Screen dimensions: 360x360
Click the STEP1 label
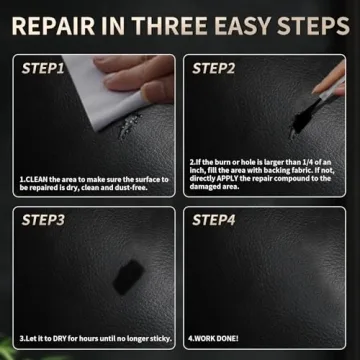pyautogui.click(x=43, y=69)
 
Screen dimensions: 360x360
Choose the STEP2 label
pyautogui.click(x=213, y=69)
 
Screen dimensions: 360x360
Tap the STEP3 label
pyautogui.click(x=43, y=219)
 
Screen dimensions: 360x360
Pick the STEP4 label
pyautogui.click(x=213, y=219)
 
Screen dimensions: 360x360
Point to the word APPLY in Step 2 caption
pyautogui.click(x=228, y=178)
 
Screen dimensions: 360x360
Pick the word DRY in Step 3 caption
pyautogui.click(x=55, y=338)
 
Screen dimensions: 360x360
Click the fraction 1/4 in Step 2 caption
pyautogui.click(x=318, y=161)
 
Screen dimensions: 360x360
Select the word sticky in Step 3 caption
pyautogui.click(x=153, y=338)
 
